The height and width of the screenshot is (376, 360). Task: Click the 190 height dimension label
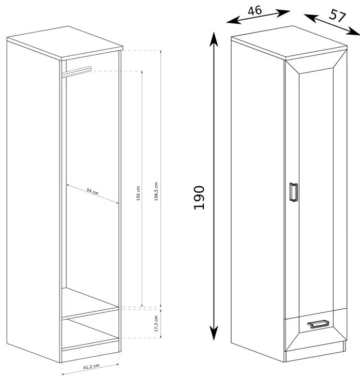[x=199, y=198]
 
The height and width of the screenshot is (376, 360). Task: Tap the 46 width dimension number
[x=254, y=11]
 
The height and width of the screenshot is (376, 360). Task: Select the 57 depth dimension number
[x=337, y=16]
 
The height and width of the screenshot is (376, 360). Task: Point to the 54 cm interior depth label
[x=93, y=192]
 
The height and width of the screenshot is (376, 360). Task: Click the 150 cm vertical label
[x=138, y=193]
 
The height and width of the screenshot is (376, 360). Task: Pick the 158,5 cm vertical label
[x=156, y=191]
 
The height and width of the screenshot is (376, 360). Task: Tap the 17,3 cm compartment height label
[x=156, y=324]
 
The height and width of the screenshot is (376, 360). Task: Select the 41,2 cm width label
[x=92, y=366]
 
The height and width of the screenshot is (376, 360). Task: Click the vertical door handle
[x=294, y=192]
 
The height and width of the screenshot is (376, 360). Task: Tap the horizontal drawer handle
[x=317, y=324]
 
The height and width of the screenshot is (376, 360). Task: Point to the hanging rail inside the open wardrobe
[x=77, y=71]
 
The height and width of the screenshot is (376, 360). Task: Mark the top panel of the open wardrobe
[x=65, y=43]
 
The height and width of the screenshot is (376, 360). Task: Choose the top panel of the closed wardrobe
[x=289, y=42]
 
